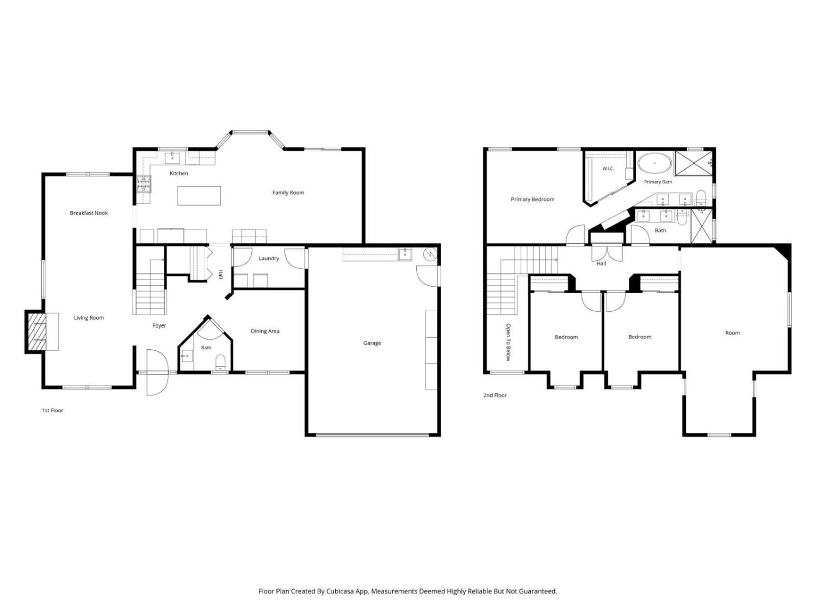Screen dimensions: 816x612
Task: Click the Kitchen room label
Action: click(178, 173)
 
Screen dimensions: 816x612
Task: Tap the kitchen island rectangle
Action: click(199, 195)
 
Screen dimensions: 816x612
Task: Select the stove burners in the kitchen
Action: click(144, 184)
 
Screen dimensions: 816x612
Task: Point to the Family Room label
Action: click(288, 193)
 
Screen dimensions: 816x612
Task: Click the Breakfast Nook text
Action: click(89, 213)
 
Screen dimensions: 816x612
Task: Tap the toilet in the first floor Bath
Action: click(220, 362)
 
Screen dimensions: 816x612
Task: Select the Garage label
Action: click(372, 343)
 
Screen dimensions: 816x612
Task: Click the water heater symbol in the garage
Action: click(430, 254)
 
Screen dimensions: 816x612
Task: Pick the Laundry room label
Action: click(268, 258)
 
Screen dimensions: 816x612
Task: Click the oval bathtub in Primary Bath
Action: click(654, 163)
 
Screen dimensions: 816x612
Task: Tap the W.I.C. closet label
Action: click(608, 168)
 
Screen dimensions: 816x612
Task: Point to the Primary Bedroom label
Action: click(533, 199)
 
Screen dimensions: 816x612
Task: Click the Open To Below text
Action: click(508, 342)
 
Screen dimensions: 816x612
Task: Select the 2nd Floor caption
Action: click(495, 395)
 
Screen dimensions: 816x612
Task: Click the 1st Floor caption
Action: click(52, 410)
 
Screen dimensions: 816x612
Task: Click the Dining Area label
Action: click(265, 331)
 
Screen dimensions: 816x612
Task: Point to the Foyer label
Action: click(159, 325)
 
